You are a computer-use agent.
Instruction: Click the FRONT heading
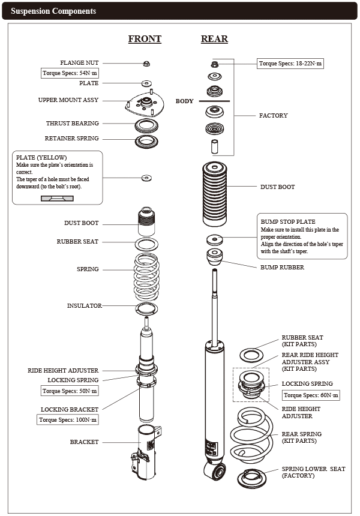point(145,39)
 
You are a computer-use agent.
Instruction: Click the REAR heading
point(214,39)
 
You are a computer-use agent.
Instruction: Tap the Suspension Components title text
point(53,11)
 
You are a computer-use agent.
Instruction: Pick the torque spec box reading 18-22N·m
point(290,63)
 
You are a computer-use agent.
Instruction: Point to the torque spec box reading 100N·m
point(67,419)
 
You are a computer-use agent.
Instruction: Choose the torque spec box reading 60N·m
point(311,395)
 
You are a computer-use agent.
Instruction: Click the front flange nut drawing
point(147,63)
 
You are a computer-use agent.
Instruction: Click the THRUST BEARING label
point(73,124)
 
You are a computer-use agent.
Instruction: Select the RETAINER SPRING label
point(71,139)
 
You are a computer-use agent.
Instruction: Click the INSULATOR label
point(84,306)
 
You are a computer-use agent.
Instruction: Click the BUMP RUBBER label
point(282,268)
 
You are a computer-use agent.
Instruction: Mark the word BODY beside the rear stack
point(184,101)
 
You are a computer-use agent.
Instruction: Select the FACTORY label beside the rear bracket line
point(273,116)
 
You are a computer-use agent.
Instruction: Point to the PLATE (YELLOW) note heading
point(41,157)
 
